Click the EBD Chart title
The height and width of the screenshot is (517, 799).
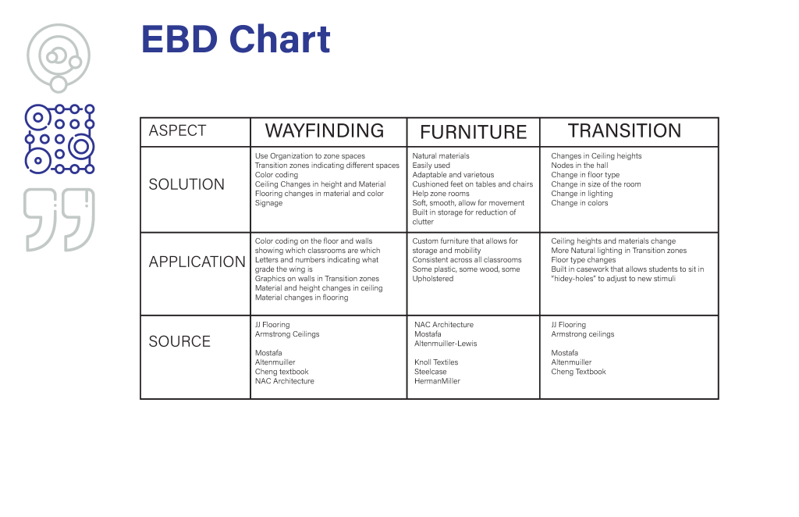coord(236,40)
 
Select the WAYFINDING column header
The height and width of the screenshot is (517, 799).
coord(325,131)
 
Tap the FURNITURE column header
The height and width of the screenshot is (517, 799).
coord(474,133)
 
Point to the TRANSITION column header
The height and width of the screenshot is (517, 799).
coord(624,131)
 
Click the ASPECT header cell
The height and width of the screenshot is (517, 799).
coord(177,131)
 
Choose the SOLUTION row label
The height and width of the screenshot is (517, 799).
coord(186,185)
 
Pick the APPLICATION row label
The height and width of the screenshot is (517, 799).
coord(197,262)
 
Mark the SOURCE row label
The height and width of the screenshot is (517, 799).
coord(179,342)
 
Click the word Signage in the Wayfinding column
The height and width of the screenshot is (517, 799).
coord(268,203)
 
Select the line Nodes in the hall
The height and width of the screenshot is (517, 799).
coord(579,166)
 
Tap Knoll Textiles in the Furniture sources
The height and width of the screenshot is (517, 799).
coord(436,362)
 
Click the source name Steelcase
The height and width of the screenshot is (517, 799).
coord(430,372)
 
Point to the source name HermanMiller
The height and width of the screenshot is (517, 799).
coord(437,381)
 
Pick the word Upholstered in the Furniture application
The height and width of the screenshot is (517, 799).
coord(432,279)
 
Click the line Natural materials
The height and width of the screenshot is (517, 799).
coord(441,156)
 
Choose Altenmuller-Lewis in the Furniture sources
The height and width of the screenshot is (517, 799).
coord(446,344)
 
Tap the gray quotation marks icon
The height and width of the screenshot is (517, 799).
coord(59,219)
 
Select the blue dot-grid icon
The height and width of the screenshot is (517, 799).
coord(59,139)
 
